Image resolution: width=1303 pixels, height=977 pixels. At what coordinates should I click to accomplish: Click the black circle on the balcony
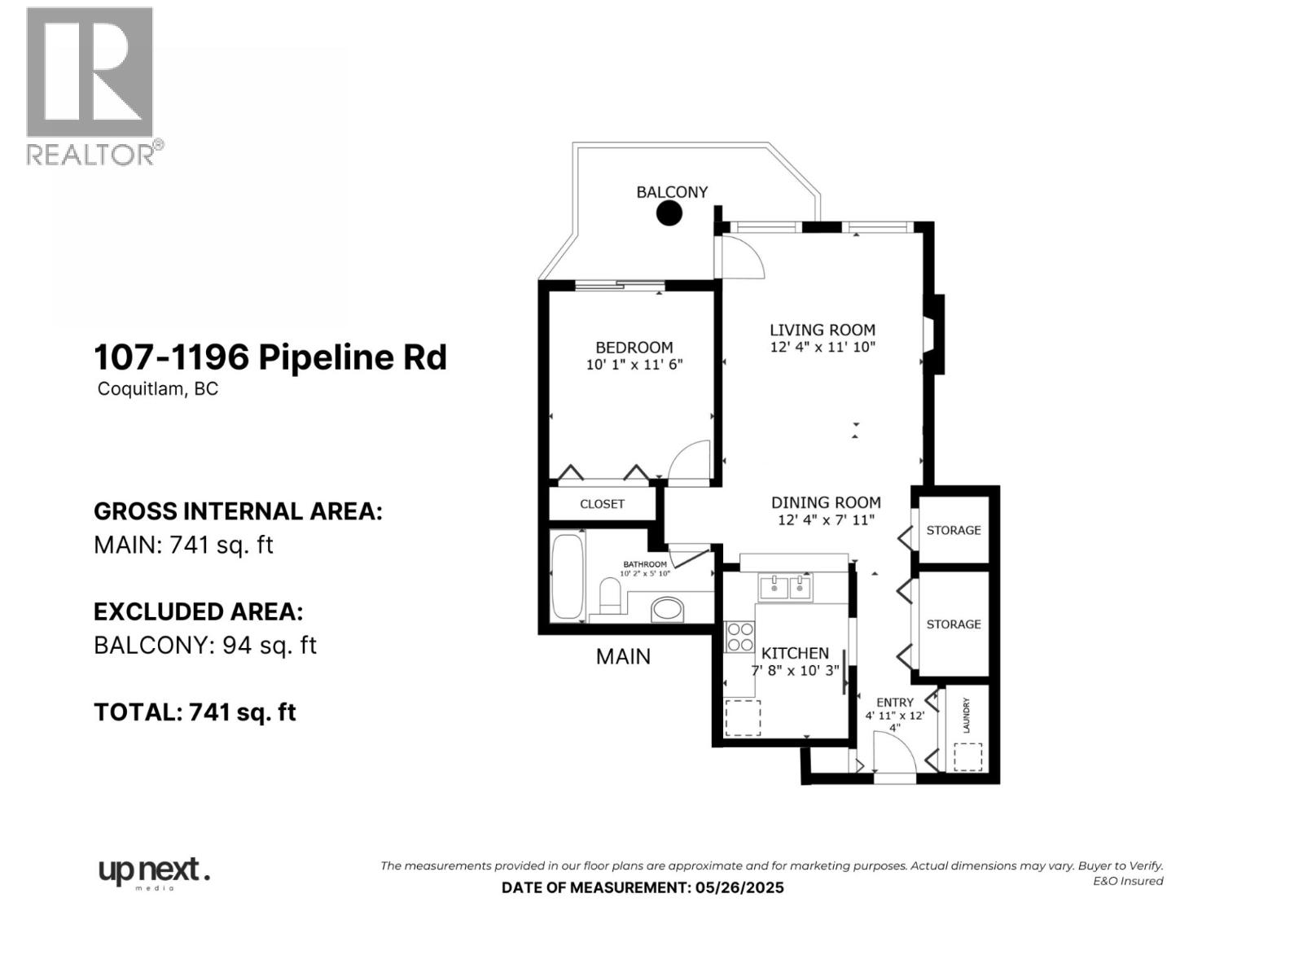click(x=669, y=213)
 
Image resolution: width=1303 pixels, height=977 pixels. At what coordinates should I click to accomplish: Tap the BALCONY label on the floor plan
click(x=672, y=192)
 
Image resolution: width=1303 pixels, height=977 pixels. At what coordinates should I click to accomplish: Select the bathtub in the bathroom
click(x=568, y=576)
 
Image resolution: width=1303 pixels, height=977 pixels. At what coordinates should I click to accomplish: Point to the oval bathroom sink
click(x=669, y=609)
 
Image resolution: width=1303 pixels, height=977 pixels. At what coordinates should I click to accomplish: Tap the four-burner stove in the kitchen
click(x=739, y=637)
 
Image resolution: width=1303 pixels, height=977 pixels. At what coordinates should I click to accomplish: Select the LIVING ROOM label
click(x=823, y=330)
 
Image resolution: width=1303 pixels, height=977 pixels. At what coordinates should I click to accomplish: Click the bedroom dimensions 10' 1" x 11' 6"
click(x=634, y=365)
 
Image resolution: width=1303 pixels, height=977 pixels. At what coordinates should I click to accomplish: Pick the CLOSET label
click(x=602, y=504)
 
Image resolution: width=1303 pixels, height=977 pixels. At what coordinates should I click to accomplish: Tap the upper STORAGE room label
click(x=953, y=530)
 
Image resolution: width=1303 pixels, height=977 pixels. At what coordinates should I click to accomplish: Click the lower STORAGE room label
click(x=953, y=624)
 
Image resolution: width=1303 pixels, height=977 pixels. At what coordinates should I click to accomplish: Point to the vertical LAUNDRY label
click(x=967, y=715)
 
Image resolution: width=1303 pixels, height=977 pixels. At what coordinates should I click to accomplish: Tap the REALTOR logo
click(x=91, y=85)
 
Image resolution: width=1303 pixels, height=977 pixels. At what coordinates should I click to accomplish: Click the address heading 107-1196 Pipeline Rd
click(x=270, y=357)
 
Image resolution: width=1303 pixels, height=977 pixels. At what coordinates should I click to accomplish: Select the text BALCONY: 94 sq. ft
click(x=204, y=645)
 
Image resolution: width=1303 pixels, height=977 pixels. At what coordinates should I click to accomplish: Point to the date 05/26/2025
click(x=739, y=887)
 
